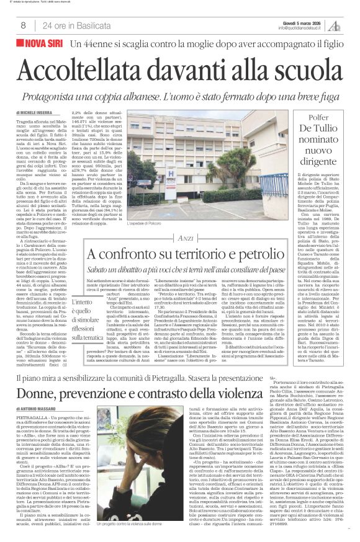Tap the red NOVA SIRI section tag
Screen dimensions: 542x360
[43, 44]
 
